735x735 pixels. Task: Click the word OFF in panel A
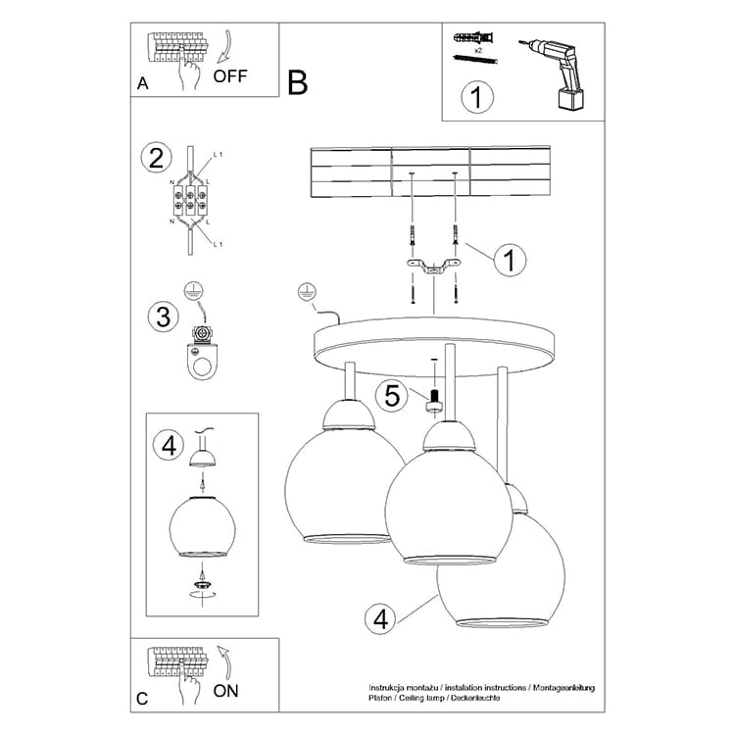click(229, 75)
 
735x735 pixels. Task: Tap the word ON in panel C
click(225, 691)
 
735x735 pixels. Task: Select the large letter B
click(298, 82)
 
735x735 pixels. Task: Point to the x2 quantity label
click(478, 50)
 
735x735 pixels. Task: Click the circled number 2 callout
click(156, 158)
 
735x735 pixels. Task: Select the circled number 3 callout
click(163, 317)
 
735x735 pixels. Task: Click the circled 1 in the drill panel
click(477, 97)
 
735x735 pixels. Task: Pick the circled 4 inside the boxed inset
click(169, 445)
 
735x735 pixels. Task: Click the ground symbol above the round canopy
click(307, 292)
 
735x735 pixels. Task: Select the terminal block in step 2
click(190, 200)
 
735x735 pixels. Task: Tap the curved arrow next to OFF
click(225, 46)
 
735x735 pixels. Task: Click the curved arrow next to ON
click(225, 663)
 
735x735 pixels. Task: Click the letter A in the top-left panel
click(142, 83)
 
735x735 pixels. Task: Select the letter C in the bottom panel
click(142, 699)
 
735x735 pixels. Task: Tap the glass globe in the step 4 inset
click(203, 526)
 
